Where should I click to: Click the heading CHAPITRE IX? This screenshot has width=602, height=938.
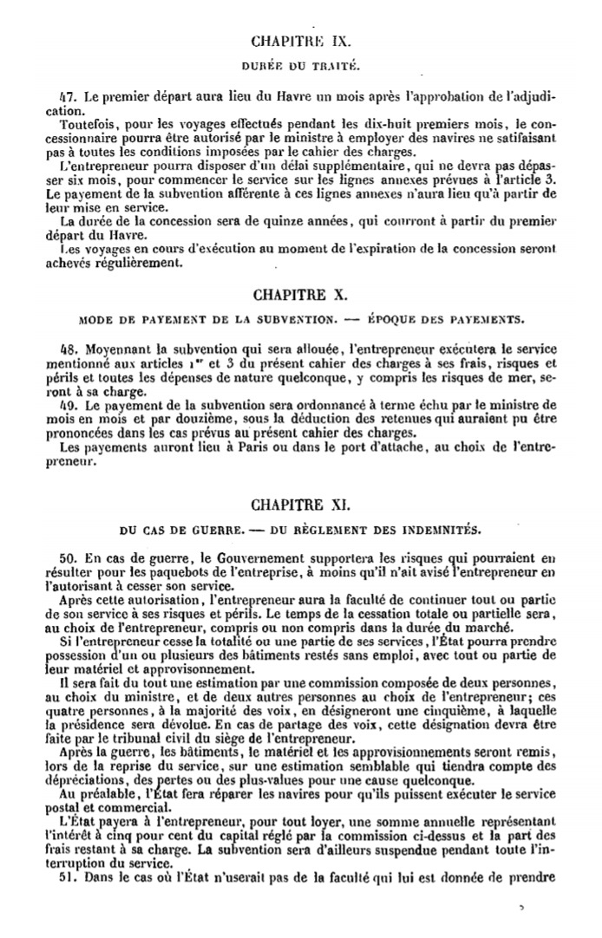[300, 41]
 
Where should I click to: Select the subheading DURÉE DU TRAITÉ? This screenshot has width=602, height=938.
[300, 66]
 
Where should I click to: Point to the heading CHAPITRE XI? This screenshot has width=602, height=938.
[300, 503]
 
